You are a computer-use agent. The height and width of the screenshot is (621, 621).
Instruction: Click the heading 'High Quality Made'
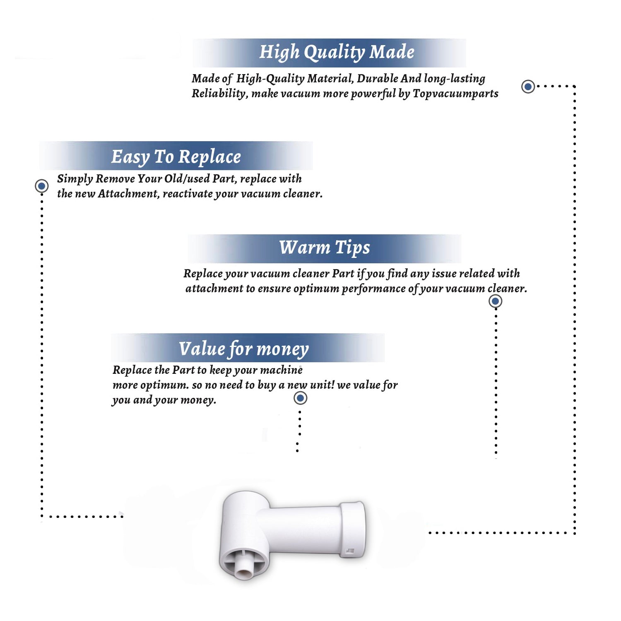coord(337,53)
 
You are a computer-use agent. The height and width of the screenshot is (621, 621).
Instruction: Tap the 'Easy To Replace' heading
coord(176,157)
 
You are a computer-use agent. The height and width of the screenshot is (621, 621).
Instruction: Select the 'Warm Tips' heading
coord(325,248)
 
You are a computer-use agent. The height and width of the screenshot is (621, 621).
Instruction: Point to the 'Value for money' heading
coord(244,349)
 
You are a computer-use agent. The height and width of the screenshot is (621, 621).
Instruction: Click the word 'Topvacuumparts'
coord(455,94)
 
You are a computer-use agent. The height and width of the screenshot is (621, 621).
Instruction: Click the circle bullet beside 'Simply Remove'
coord(41,186)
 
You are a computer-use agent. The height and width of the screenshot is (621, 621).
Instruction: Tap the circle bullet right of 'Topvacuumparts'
coord(528,87)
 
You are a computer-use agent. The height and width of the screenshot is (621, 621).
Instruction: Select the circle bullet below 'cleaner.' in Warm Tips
coord(496,301)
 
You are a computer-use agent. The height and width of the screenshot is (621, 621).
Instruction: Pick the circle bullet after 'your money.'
coord(300,398)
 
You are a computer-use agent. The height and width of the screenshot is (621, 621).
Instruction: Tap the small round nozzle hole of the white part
coord(243,572)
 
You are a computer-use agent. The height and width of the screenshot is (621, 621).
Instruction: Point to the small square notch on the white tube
coord(350,551)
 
